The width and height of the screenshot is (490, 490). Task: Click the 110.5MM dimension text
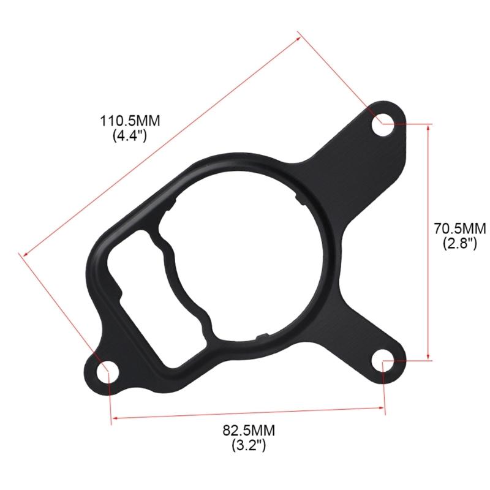tap(130, 121)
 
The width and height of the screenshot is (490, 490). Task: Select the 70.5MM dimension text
tap(459, 229)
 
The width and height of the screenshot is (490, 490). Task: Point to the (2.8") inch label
tap(459, 244)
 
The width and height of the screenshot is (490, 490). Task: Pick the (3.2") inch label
tap(248, 446)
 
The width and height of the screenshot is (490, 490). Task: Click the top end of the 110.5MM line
tap(300, 36)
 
